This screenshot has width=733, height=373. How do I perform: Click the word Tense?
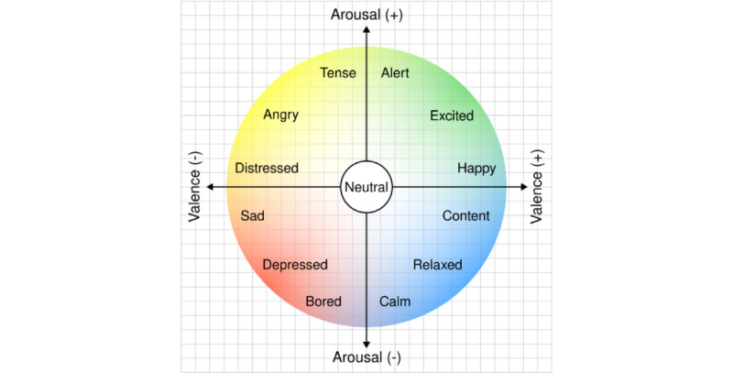[337, 73]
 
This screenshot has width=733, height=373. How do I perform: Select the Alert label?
[395, 73]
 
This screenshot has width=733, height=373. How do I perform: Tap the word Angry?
[280, 115]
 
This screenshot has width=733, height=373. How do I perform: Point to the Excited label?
[452, 116]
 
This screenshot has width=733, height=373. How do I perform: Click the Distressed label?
[267, 169]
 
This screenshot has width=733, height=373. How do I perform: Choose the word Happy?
[476, 169]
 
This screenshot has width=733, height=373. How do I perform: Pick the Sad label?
[252, 216]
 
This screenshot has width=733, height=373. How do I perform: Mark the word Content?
[465, 216]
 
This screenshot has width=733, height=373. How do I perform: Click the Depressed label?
[295, 266]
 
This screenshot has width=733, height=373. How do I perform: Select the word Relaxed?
[437, 266]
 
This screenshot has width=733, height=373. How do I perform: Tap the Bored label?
[323, 302]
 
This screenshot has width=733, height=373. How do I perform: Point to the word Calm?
[395, 302]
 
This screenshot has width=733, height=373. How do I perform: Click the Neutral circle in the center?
[366, 187]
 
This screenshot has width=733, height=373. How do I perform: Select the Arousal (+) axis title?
[366, 13]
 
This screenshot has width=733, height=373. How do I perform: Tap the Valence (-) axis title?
[193, 187]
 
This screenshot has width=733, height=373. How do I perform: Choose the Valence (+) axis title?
[538, 187]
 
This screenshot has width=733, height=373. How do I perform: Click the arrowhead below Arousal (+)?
[366, 30]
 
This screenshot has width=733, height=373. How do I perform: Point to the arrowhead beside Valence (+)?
[524, 187]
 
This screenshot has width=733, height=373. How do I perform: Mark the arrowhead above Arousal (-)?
[366, 344]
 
